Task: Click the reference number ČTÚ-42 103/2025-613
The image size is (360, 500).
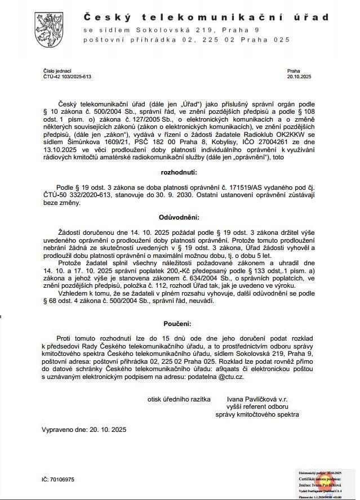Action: [67, 76]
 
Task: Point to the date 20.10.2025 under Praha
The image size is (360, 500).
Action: [299, 76]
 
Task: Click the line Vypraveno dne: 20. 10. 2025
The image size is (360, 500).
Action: [85, 430]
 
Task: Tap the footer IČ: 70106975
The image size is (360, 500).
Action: [58, 480]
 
